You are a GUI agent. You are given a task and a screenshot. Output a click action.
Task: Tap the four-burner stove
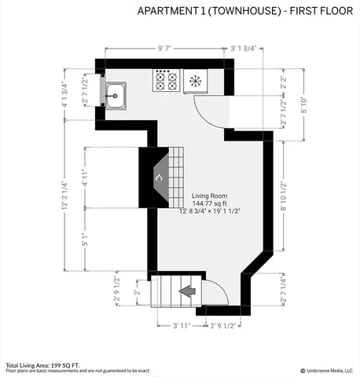pos(166,81)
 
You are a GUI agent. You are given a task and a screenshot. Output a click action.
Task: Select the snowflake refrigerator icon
pos(195,81)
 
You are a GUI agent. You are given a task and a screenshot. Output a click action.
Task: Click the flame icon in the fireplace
pos(158,178)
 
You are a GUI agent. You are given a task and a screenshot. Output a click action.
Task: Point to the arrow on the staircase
pos(187,291)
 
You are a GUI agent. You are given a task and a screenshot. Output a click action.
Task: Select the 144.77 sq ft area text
pos(209,203)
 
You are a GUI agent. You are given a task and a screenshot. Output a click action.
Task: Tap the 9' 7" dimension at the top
pos(166,48)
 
